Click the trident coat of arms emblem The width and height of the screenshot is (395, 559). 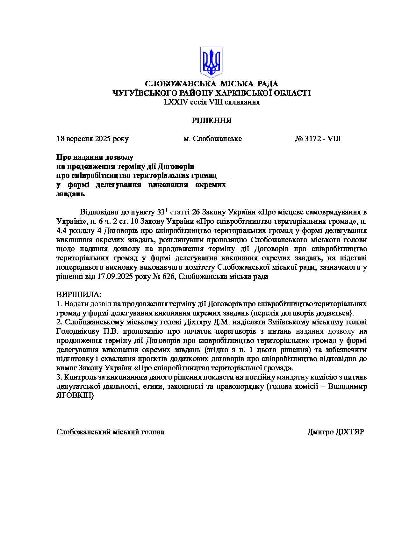pyautogui.click(x=211, y=62)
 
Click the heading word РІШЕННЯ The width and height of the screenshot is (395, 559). pyautogui.click(x=212, y=120)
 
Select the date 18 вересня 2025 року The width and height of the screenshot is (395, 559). pyautogui.click(x=92, y=139)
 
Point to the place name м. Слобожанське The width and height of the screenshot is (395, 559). pyautogui.click(x=212, y=139)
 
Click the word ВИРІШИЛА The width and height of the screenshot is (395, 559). pyautogui.click(x=78, y=294)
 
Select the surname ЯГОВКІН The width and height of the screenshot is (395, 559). pyautogui.click(x=75, y=396)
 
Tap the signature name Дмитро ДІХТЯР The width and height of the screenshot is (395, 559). pyautogui.click(x=335, y=432)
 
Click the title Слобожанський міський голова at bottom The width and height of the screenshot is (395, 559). pyautogui.click(x=110, y=432)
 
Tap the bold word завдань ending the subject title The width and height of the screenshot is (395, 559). pyautogui.click(x=71, y=194)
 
